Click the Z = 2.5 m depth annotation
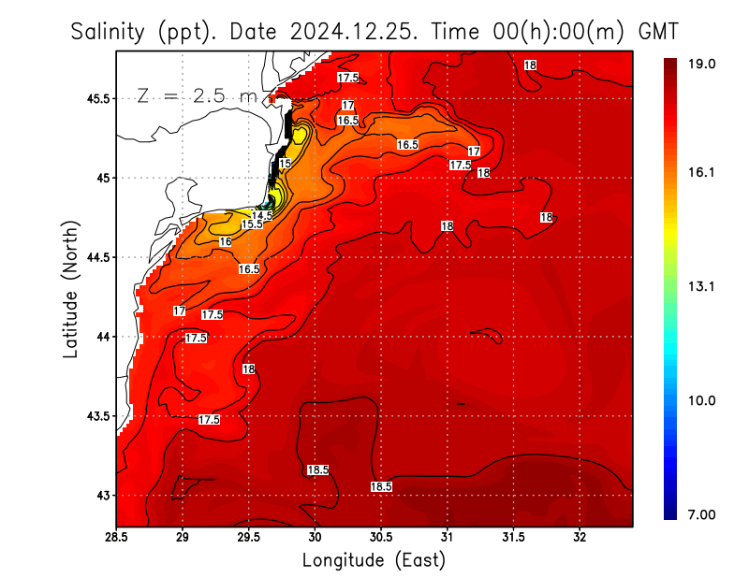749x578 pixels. (x=197, y=95)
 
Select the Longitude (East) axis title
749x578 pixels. (x=374, y=560)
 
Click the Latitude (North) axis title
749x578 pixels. (x=70, y=289)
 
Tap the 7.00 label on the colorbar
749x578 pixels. (x=702, y=514)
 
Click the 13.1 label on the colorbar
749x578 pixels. (x=702, y=287)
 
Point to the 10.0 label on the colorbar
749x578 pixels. (x=702, y=400)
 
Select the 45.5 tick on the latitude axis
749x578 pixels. (x=97, y=98)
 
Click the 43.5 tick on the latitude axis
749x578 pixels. (x=97, y=415)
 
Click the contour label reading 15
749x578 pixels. (x=285, y=164)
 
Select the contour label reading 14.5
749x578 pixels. (x=262, y=215)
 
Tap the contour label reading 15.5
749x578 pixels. (x=252, y=224)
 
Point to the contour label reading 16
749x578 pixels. (x=225, y=241)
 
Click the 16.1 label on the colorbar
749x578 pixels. (x=702, y=172)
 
